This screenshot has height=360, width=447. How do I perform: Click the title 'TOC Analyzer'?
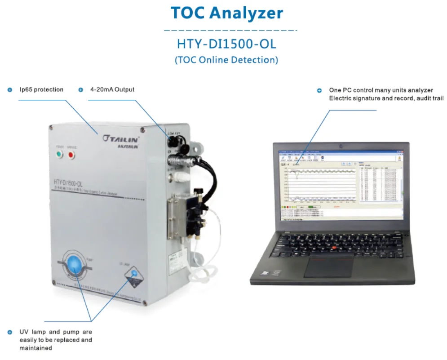click(x=227, y=13)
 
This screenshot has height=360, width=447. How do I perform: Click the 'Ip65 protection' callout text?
click(x=41, y=89)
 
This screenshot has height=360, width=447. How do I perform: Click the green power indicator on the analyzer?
click(x=59, y=156)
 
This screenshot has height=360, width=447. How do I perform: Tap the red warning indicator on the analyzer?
click(x=71, y=156)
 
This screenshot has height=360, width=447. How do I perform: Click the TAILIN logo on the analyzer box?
click(x=121, y=138)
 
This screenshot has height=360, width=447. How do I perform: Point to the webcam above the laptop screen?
click(x=341, y=146)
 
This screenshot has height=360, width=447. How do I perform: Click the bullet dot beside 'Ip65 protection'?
click(x=10, y=90)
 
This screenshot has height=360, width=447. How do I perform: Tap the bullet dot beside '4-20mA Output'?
click(x=81, y=90)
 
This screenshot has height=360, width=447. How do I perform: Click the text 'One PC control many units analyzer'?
click(x=375, y=90)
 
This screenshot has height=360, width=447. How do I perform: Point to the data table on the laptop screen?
click(x=379, y=184)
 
